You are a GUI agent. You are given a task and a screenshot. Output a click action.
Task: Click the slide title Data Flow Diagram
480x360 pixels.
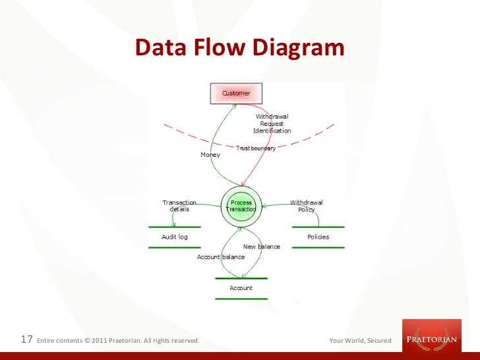pos(240,48)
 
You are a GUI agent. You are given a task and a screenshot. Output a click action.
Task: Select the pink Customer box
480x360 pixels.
pos(236,93)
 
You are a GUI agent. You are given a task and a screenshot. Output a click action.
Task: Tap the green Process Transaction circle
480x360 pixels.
pos(241,206)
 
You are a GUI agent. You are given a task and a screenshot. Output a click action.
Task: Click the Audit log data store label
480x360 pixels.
pos(175,237)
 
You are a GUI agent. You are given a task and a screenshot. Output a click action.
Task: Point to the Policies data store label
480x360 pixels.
pos(318,237)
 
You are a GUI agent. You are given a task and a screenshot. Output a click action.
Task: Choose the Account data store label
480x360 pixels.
pos(241,288)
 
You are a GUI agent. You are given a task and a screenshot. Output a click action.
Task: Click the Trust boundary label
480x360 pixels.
pos(256,148)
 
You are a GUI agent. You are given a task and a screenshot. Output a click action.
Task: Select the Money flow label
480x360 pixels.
pos(210,155)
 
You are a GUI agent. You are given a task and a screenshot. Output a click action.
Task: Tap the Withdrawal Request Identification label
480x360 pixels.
pos(272,123)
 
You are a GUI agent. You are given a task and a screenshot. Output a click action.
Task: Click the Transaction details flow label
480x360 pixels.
pos(179,206)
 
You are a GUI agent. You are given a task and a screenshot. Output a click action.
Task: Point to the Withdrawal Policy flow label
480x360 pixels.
pos(307,206)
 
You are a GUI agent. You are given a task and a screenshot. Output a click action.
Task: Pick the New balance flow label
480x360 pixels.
pos(262,247)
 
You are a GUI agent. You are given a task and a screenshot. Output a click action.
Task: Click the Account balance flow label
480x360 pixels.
pos(221,256)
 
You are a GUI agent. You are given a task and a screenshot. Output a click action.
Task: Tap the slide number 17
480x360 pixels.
pos(27,340)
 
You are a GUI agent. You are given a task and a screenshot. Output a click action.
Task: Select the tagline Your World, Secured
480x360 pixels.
pos(360,341)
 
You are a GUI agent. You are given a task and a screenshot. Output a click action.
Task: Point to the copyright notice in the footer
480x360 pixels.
pos(119,341)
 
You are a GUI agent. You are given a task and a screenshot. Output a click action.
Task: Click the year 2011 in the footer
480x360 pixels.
pos(98,341)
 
